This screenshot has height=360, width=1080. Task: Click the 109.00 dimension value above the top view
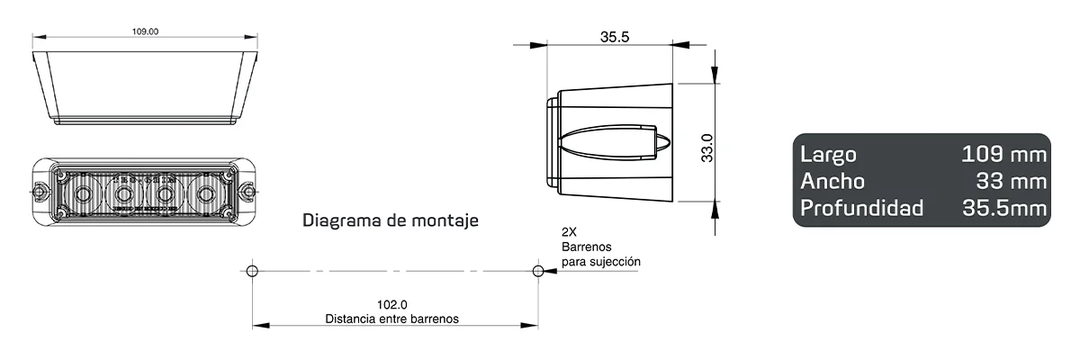145,31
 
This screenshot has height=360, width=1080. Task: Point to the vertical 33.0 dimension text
707,148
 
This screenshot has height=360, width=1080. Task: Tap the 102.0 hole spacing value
391,305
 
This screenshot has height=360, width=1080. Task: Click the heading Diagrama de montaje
390,220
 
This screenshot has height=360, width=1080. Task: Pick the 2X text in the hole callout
569,231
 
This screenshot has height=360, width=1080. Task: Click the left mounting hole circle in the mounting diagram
253,271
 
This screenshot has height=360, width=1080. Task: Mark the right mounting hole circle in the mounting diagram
538,271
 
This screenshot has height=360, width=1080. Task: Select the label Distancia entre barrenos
391,319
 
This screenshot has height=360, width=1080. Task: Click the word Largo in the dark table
828,155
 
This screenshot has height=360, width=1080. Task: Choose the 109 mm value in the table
1003,155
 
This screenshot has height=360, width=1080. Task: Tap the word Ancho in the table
832,182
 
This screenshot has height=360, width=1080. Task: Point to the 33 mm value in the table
1012,182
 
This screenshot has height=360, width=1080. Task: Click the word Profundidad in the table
861,209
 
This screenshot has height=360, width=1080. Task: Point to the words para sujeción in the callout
600,261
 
